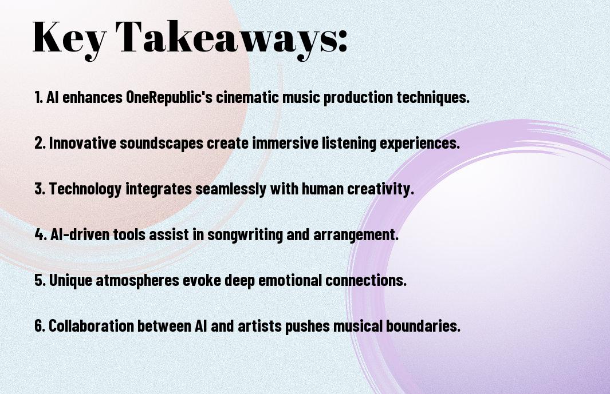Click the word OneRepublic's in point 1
point(169,97)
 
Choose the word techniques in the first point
point(433,98)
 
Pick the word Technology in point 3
point(85,189)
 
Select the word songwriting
point(245,235)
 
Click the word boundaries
point(423,325)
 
